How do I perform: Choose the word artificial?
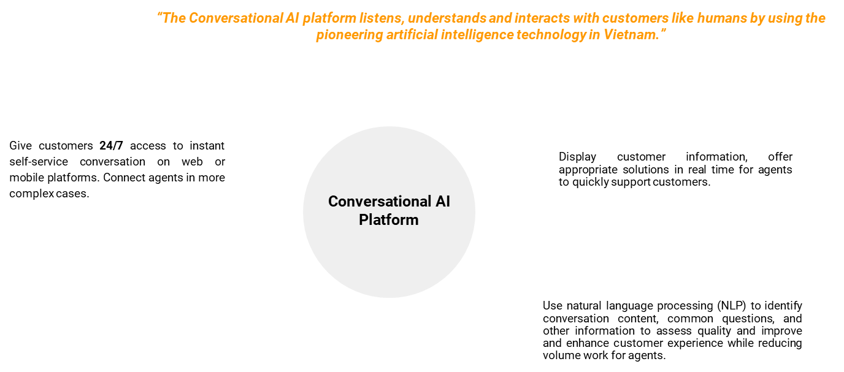410,35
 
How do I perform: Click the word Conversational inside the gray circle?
379,202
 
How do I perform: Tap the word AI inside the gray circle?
442,202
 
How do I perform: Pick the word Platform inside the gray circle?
389,220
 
